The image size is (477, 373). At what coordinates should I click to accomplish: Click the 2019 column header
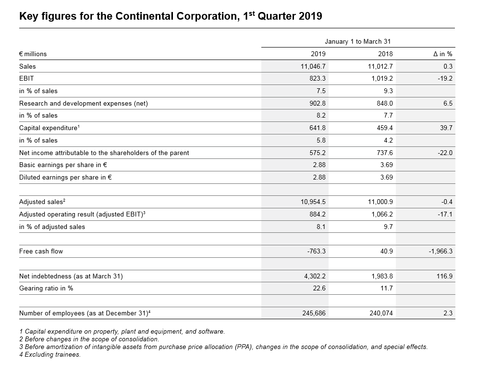pos(318,54)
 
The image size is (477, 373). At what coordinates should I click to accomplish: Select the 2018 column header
pos(385,54)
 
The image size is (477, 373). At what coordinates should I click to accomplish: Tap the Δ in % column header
pos(442,54)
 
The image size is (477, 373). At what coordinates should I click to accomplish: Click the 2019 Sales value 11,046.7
pos(313,66)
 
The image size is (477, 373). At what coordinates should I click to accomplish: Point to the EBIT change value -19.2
pos(445,78)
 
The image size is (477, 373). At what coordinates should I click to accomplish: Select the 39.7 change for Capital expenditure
pos(446,128)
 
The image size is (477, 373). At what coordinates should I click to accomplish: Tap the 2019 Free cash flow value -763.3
pos(316,252)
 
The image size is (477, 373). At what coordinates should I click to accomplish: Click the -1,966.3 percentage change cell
pos(440,252)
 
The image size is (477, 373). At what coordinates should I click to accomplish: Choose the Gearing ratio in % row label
pos(46,288)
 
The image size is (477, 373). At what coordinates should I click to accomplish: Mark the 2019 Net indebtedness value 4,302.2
pos(315,276)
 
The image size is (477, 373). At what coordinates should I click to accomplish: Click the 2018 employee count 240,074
pos(381,313)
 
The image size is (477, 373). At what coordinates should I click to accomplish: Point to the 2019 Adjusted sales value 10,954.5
pos(313,202)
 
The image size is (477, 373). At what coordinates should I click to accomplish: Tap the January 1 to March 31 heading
pos(357,41)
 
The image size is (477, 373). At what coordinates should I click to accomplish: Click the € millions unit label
pos(33,54)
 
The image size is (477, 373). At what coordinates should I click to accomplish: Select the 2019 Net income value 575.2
pos(318,153)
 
